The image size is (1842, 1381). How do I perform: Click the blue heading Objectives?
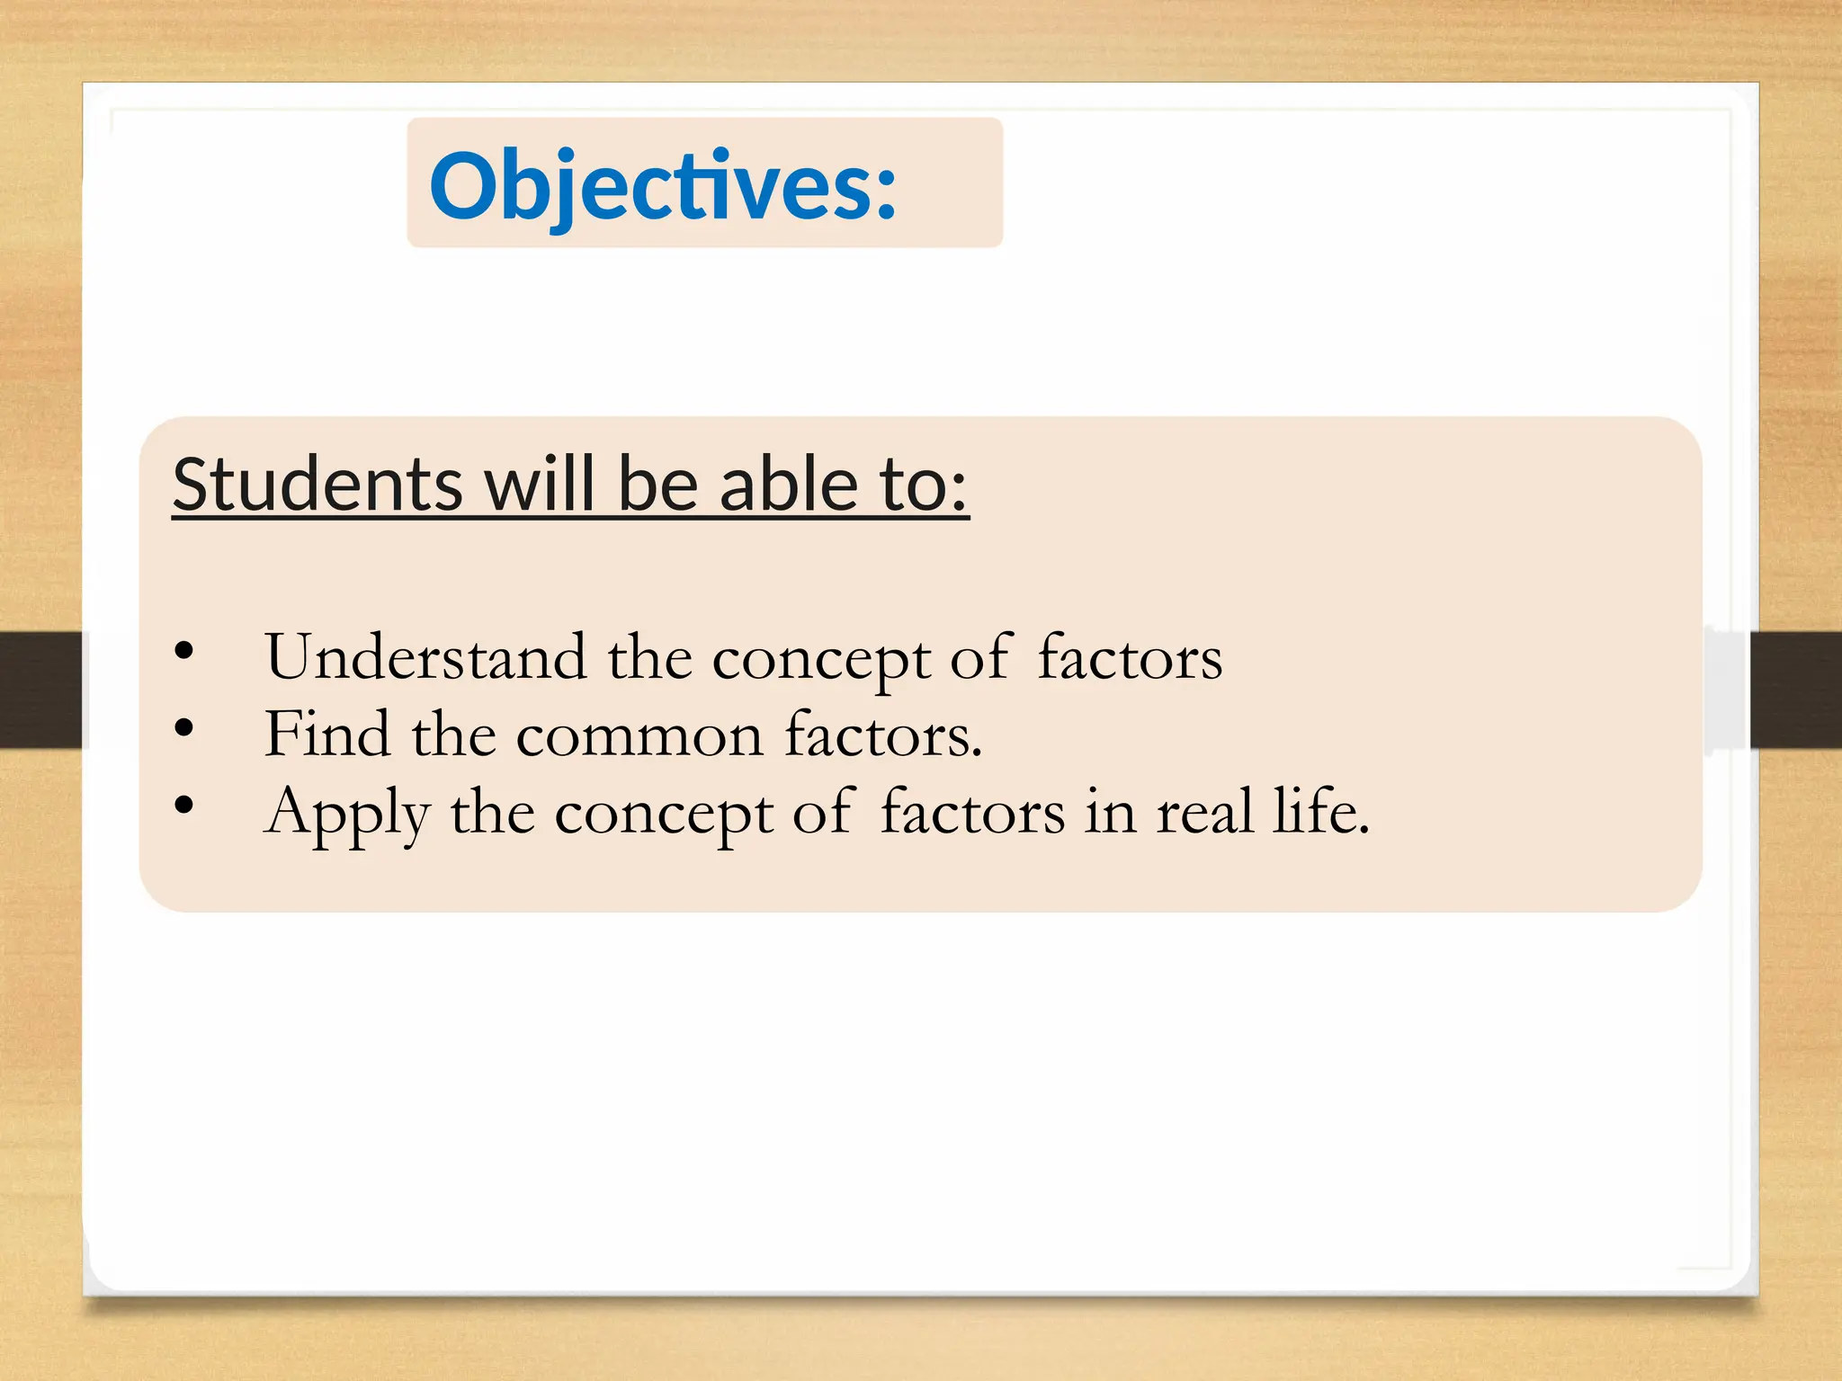(663, 185)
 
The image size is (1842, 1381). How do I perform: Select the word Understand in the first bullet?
(425, 657)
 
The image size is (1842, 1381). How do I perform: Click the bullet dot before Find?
(184, 728)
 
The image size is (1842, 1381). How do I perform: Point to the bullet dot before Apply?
(184, 806)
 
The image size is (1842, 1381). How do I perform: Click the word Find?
(327, 735)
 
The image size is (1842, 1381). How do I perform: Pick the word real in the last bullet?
(1204, 812)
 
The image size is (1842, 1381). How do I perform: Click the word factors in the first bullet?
(1130, 657)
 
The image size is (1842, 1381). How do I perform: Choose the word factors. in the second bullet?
(883, 735)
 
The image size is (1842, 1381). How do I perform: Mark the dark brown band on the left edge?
(40, 690)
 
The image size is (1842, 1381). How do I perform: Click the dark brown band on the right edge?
(1795, 690)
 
